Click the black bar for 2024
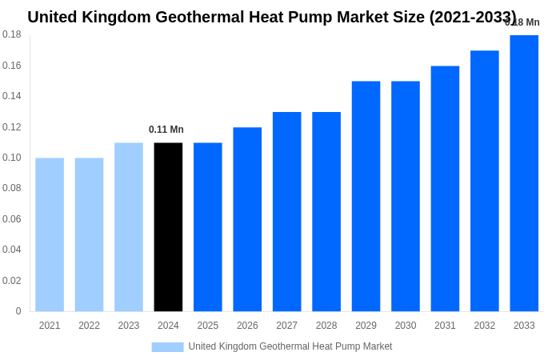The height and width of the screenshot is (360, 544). click(x=168, y=227)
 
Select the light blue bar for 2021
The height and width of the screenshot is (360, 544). click(x=50, y=234)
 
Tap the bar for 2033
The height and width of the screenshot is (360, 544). click(x=524, y=173)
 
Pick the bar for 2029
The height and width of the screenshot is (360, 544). click(x=366, y=196)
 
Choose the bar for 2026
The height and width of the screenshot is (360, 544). click(x=247, y=219)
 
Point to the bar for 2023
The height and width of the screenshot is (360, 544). click(x=129, y=227)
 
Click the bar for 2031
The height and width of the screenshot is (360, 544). click(x=445, y=189)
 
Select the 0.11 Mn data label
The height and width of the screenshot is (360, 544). click(x=166, y=130)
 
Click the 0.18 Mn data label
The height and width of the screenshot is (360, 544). click(x=522, y=22)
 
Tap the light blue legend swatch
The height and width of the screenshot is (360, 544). click(x=167, y=347)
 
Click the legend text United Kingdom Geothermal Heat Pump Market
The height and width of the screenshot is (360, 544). click(x=290, y=346)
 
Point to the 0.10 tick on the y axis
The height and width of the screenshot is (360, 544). click(x=12, y=158)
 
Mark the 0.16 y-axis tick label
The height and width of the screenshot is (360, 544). click(x=12, y=66)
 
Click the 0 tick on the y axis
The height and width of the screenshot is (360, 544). click(x=18, y=311)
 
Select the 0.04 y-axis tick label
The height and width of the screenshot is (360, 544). click(x=12, y=250)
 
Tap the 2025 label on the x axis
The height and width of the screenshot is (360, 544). click(x=208, y=326)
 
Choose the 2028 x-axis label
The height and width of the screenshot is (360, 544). click(x=326, y=326)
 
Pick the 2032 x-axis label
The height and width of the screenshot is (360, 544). click(x=485, y=326)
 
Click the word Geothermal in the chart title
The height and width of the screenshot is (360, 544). click(x=199, y=17)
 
